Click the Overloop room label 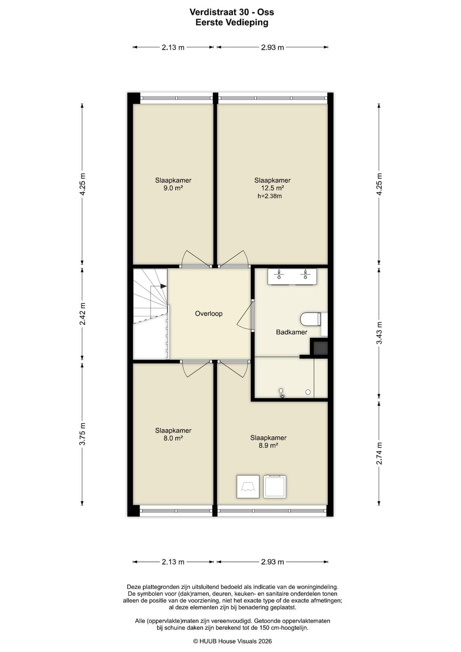coord(208,313)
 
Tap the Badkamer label coord(291,332)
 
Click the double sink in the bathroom coord(292,276)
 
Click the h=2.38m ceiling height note coord(269,196)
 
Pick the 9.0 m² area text coord(173,188)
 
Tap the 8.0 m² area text coord(173,438)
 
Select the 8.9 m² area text coord(268,445)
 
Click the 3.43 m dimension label coord(379,333)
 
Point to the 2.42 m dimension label coord(83,314)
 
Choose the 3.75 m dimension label coord(83,434)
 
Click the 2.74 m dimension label coord(379,453)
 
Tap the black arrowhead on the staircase coord(163,286)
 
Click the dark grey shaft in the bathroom coord(321,348)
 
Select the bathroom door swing coord(245,316)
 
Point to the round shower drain coord(308,392)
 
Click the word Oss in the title coord(266,12)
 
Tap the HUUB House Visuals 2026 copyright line coord(232,641)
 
